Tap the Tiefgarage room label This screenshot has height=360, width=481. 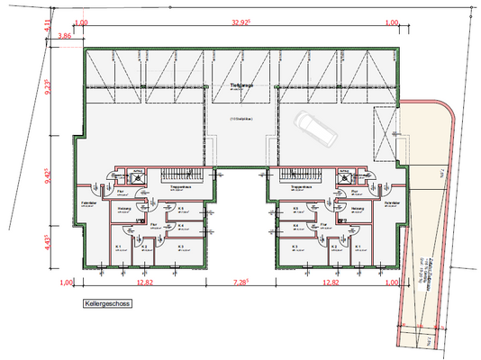240,87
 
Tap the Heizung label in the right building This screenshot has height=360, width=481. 356,209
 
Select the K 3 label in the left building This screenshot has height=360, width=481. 181,245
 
